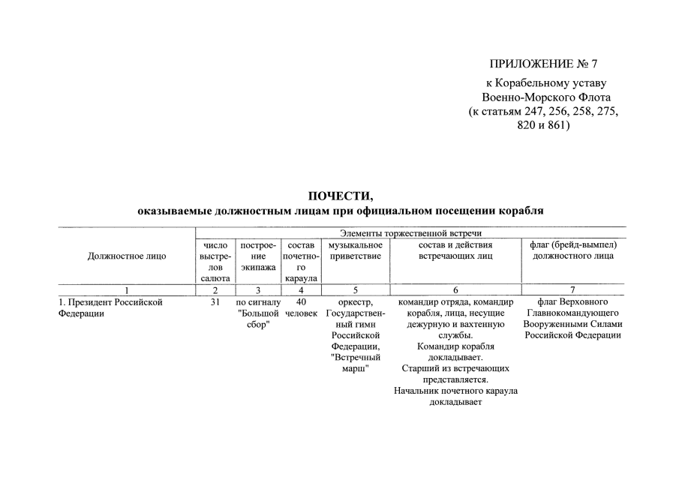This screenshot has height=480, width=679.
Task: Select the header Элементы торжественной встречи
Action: click(x=410, y=233)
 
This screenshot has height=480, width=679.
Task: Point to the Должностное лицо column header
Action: click(x=127, y=256)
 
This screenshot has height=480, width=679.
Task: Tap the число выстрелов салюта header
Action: click(x=215, y=261)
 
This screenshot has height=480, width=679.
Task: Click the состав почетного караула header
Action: click(x=300, y=261)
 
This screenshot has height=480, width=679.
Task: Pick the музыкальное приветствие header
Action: click(x=356, y=250)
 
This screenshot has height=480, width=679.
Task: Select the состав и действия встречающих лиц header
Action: click(x=455, y=250)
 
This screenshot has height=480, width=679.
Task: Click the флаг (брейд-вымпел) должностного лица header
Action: click(x=572, y=250)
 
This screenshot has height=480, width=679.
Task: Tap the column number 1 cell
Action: click(x=127, y=289)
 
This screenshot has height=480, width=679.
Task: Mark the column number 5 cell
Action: click(x=356, y=289)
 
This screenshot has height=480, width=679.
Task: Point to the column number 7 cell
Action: click(x=572, y=289)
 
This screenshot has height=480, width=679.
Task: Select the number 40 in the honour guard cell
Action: click(x=300, y=302)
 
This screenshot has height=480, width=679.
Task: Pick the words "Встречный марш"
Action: click(x=356, y=364)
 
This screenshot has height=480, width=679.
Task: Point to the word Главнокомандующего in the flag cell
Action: click(x=572, y=313)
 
